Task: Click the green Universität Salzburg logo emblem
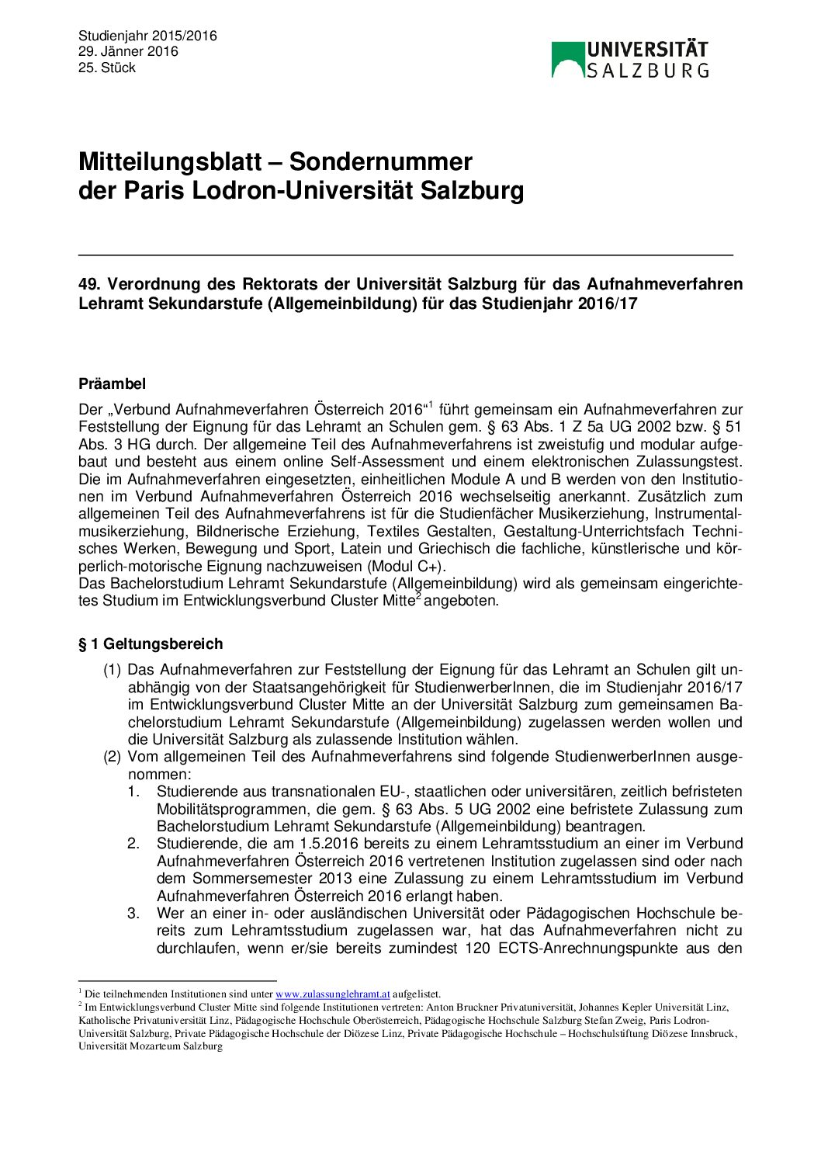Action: point(567,59)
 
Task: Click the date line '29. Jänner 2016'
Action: point(128,51)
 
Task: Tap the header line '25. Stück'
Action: point(107,68)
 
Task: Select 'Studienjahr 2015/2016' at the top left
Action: point(147,36)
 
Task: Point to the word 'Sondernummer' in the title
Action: point(381,161)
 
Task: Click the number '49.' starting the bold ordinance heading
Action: point(90,284)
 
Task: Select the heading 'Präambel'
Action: point(112,383)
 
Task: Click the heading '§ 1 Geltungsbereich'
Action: point(151,643)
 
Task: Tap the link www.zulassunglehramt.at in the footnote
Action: point(333,994)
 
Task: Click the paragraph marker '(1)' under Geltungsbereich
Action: point(113,670)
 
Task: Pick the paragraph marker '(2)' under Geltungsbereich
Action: point(113,757)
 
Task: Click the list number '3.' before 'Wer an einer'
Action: point(133,913)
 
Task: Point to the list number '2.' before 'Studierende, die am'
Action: point(133,844)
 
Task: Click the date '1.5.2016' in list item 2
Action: point(329,844)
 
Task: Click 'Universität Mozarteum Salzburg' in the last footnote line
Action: point(151,1046)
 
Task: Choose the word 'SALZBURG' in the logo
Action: point(647,71)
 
